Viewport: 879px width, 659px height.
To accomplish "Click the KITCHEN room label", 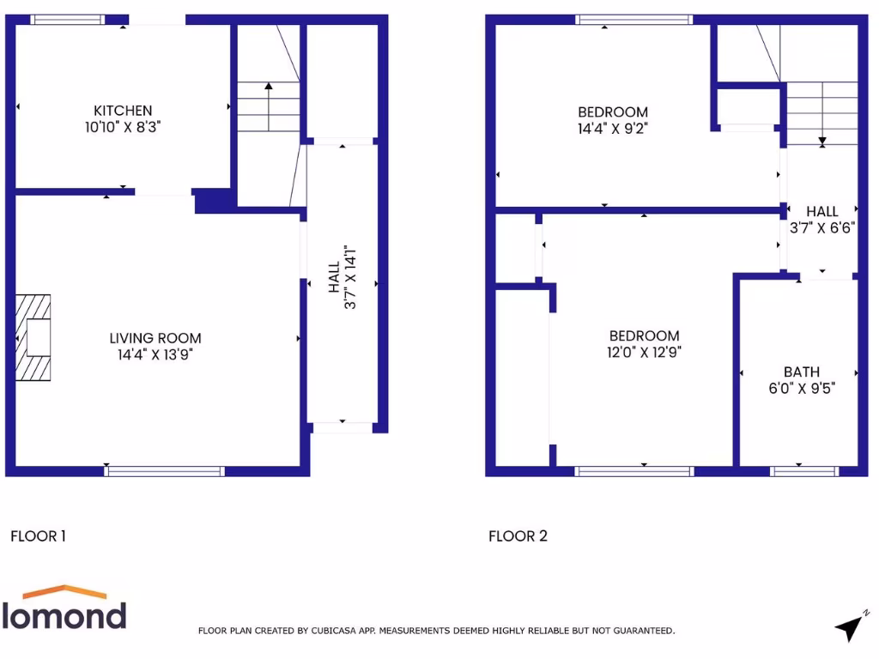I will click(123, 111).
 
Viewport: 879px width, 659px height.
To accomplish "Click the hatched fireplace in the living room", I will click(33, 337).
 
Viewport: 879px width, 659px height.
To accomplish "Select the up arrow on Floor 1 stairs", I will click(269, 86).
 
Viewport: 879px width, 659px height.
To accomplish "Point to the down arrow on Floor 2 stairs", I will click(821, 140).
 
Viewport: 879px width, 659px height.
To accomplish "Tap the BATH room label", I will click(801, 372).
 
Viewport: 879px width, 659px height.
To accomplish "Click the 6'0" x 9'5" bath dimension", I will click(801, 387).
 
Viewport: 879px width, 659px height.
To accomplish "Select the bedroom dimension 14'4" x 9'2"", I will click(612, 128).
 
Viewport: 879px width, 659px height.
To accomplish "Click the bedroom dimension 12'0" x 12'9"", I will click(644, 351).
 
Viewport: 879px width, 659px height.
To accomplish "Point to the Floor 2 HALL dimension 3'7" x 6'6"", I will click(822, 228).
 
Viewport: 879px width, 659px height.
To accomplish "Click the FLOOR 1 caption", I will click(38, 536).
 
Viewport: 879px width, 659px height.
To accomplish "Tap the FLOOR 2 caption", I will click(518, 536).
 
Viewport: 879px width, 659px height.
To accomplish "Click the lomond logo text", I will click(64, 615).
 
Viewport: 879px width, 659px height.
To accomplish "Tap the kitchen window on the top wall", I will click(68, 19).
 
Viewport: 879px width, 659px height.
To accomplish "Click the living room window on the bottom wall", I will click(164, 471).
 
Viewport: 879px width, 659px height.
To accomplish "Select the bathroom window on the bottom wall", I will click(804, 471).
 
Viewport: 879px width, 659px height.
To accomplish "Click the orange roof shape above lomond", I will click(64, 593).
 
